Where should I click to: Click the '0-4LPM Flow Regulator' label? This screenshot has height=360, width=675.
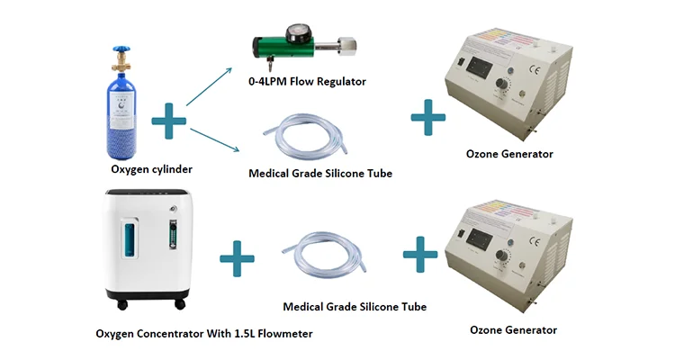point(307,82)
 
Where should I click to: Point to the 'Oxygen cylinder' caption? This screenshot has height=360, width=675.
point(151,169)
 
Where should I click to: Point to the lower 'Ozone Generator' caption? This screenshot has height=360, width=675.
point(513,330)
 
